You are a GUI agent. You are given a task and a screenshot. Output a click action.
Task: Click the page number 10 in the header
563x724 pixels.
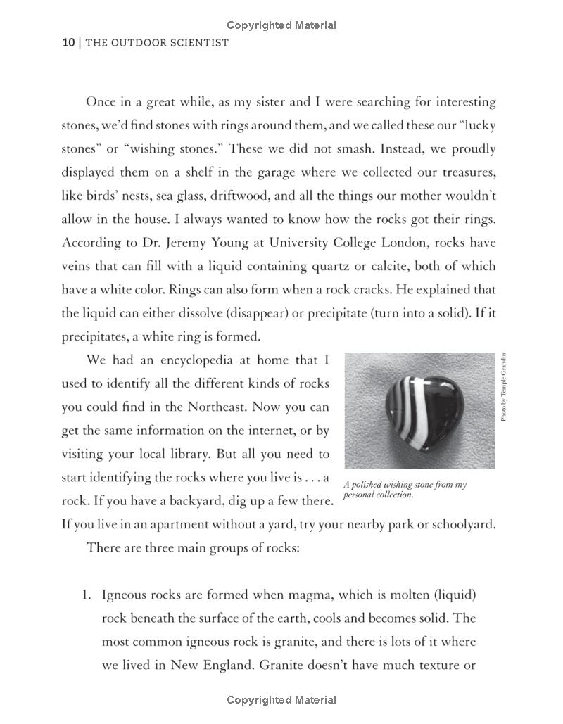point(68,43)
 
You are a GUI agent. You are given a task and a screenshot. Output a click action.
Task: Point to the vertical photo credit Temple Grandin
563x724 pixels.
point(504,388)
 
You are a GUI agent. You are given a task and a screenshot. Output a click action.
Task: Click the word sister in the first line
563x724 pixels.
point(295,102)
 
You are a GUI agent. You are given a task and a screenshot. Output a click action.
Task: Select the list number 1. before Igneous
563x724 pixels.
point(88,595)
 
